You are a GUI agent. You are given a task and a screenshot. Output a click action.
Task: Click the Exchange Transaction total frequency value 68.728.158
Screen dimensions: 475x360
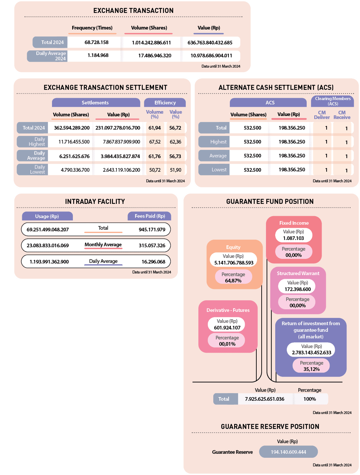[x=96, y=42]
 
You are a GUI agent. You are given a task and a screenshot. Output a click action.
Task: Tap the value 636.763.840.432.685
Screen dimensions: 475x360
[x=210, y=42]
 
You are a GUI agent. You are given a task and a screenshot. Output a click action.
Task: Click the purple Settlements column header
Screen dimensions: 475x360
[x=95, y=103]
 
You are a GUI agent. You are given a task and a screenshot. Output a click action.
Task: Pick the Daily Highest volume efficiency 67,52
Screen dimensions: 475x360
[x=155, y=142]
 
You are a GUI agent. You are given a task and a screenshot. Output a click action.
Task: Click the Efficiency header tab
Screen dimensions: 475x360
[x=165, y=103]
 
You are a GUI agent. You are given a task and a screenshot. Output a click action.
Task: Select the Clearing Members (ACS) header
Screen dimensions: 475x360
[x=333, y=101]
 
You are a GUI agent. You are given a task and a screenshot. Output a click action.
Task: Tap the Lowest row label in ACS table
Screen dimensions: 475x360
[x=219, y=170]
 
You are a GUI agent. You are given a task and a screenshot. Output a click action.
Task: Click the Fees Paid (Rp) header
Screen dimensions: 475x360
[x=150, y=216]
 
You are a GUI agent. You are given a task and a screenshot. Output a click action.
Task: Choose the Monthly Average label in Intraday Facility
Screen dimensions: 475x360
[x=103, y=245]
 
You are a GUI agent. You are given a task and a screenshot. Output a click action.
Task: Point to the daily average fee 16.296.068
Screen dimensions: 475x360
[x=153, y=262]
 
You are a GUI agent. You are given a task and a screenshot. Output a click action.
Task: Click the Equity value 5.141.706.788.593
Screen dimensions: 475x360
[x=233, y=263]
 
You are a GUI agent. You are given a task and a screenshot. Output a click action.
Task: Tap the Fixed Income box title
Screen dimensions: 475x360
[x=294, y=223]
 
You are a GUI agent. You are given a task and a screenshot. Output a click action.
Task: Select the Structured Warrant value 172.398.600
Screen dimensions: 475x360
[x=297, y=289]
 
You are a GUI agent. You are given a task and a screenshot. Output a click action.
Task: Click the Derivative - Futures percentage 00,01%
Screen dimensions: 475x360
[x=227, y=344]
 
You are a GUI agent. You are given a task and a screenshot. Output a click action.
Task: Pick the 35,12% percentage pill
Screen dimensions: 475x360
[x=311, y=366]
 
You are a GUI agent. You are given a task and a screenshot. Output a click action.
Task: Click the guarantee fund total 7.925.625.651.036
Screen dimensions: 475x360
[x=265, y=399]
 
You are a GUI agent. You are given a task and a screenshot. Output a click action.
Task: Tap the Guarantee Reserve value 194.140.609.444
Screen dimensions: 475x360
[x=288, y=452]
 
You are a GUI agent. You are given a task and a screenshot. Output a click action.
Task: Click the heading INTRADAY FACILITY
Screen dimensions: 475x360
[x=95, y=202]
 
